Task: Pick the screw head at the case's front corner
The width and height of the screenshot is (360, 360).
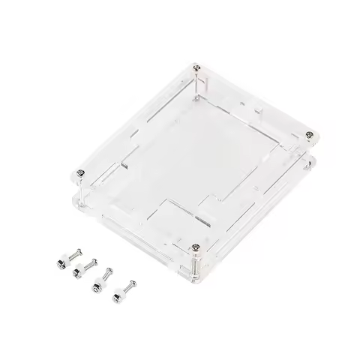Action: pyautogui.click(x=196, y=247)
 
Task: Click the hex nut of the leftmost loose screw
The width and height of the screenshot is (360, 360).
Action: pyautogui.click(x=61, y=264)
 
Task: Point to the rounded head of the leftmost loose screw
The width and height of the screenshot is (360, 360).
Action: pyautogui.click(x=79, y=251)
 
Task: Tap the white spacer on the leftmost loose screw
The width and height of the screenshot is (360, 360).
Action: pyautogui.click(x=66, y=260)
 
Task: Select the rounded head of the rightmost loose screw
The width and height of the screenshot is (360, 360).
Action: pyautogui.click(x=133, y=283)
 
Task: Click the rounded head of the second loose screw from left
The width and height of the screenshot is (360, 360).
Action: pyautogui.click(x=95, y=261)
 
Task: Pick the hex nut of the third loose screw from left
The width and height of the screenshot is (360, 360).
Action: pyautogui.click(x=97, y=288)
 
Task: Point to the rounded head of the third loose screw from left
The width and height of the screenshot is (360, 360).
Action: pyautogui.click(x=109, y=271)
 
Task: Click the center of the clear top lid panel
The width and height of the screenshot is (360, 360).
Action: pyautogui.click(x=196, y=154)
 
